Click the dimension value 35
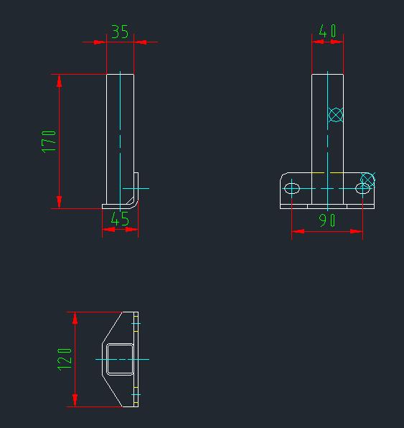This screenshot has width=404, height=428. (120, 32)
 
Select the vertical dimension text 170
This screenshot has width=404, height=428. (49, 141)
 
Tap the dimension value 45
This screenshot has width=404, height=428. (120, 219)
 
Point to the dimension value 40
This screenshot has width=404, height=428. (327, 31)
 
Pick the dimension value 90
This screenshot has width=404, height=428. (327, 220)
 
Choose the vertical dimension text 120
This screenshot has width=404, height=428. (65, 359)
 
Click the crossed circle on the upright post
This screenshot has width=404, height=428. (335, 114)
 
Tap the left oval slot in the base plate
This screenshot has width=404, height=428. (292, 188)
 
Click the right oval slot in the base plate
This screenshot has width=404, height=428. (363, 188)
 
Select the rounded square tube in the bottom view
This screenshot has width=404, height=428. (120, 358)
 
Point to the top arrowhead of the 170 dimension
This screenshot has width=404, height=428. (60, 80)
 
